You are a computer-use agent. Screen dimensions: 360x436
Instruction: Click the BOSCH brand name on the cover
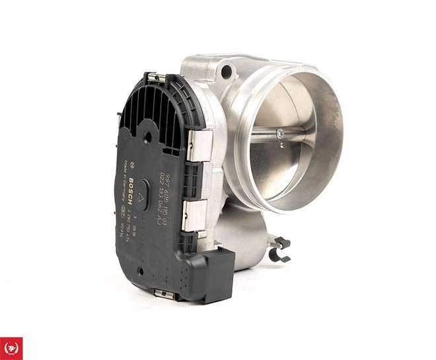(132, 189)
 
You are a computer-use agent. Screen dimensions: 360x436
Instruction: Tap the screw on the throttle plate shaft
(281, 133)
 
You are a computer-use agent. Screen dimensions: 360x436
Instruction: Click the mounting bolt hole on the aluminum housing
(227, 70)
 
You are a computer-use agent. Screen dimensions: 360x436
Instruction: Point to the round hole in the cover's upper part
(147, 137)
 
